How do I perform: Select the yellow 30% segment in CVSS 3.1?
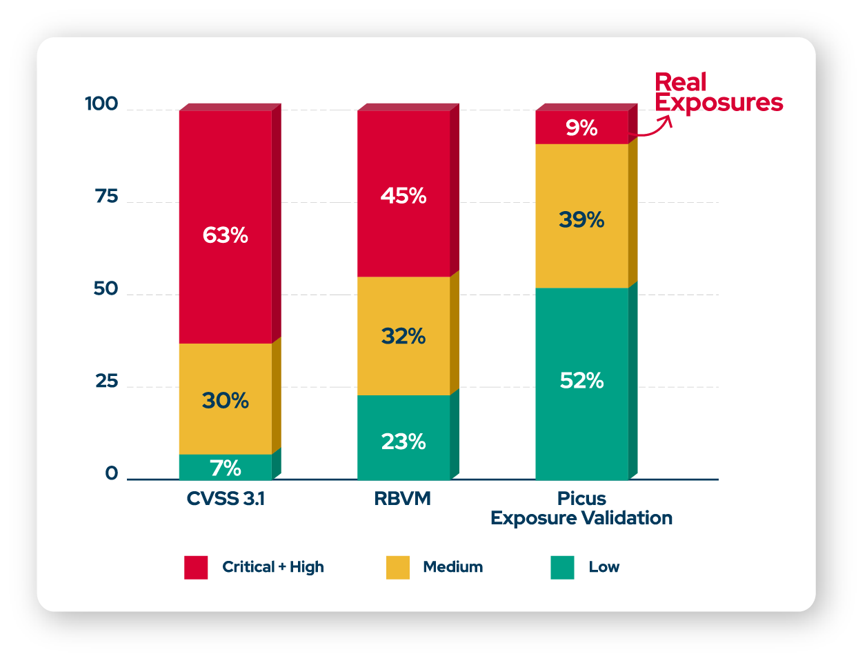[225, 399]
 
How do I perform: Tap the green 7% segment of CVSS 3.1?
[225, 467]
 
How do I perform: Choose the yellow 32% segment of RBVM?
[403, 336]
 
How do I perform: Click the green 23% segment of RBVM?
[403, 437]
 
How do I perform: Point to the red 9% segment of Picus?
[581, 128]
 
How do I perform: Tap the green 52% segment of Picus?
[581, 383]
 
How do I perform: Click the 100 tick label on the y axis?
[101, 104]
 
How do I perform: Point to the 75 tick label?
[107, 197]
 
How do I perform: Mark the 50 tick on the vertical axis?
[106, 289]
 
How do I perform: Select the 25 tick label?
[107, 382]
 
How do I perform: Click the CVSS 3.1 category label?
[226, 499]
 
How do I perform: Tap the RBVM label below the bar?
[403, 499]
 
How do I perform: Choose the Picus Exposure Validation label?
[581, 508]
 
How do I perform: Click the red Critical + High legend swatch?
[196, 567]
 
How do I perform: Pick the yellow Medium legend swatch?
[398, 567]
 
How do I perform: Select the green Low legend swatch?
[563, 567]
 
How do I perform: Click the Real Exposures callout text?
[718, 92]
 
